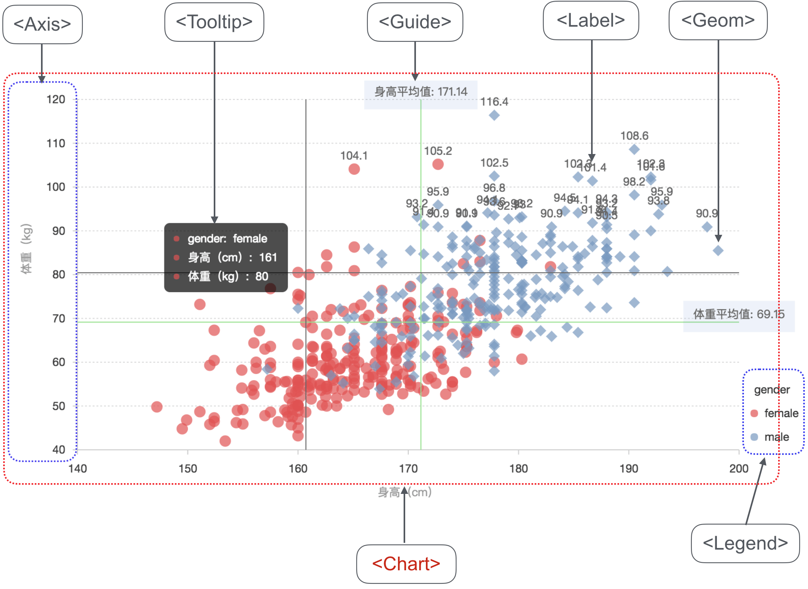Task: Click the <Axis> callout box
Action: coord(42,24)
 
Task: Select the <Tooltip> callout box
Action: coord(214,22)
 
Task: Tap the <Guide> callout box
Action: coord(415,22)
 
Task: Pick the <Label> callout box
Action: coord(591,20)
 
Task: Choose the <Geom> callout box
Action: coord(718,20)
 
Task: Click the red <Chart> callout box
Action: coord(406,564)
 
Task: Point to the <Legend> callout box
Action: coord(745,543)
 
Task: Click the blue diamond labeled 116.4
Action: coord(494,115)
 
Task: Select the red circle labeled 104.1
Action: coord(354,169)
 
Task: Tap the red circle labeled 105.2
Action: coord(438,164)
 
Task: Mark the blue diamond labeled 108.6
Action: coord(634,150)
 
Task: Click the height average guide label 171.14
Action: coord(421,92)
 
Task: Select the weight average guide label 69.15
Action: coord(739,314)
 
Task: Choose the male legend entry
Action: coord(776,437)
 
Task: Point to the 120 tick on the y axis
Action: coord(56,99)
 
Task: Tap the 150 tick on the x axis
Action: coord(187,468)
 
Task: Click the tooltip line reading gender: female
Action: coord(227,239)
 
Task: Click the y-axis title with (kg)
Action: coord(26,249)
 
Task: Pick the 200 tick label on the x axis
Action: coord(739,468)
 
